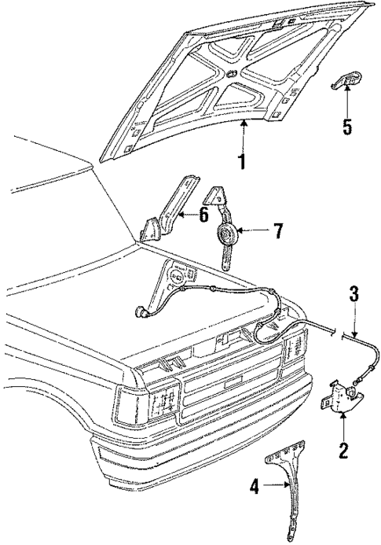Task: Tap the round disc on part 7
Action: [228, 234]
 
